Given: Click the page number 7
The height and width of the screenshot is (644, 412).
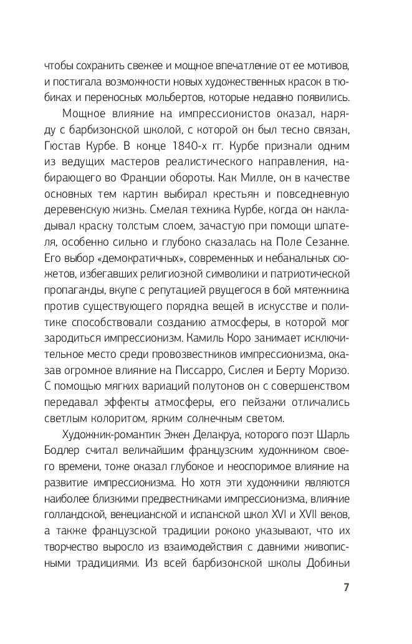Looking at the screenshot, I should click(x=346, y=588).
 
